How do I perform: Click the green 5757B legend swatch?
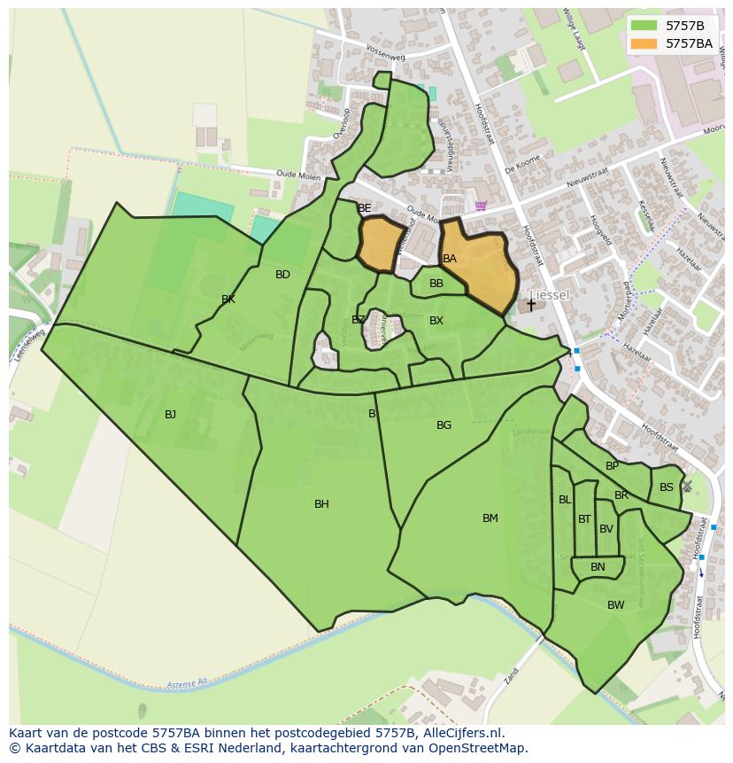(644, 26)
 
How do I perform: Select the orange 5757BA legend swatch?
(644, 43)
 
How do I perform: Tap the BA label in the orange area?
(450, 259)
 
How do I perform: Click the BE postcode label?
(364, 208)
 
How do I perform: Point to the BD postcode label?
(282, 275)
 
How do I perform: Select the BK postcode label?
(228, 300)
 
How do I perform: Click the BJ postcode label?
(170, 414)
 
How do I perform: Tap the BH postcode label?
(321, 504)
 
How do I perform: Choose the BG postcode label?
(444, 425)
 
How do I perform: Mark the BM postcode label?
(490, 518)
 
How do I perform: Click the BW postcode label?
(615, 605)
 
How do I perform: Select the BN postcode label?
(598, 567)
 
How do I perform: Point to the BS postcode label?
(666, 487)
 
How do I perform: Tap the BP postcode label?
(612, 466)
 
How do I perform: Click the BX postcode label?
(436, 321)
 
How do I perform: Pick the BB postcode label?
(436, 284)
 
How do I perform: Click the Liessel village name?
(549, 295)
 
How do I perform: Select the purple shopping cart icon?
(480, 206)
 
